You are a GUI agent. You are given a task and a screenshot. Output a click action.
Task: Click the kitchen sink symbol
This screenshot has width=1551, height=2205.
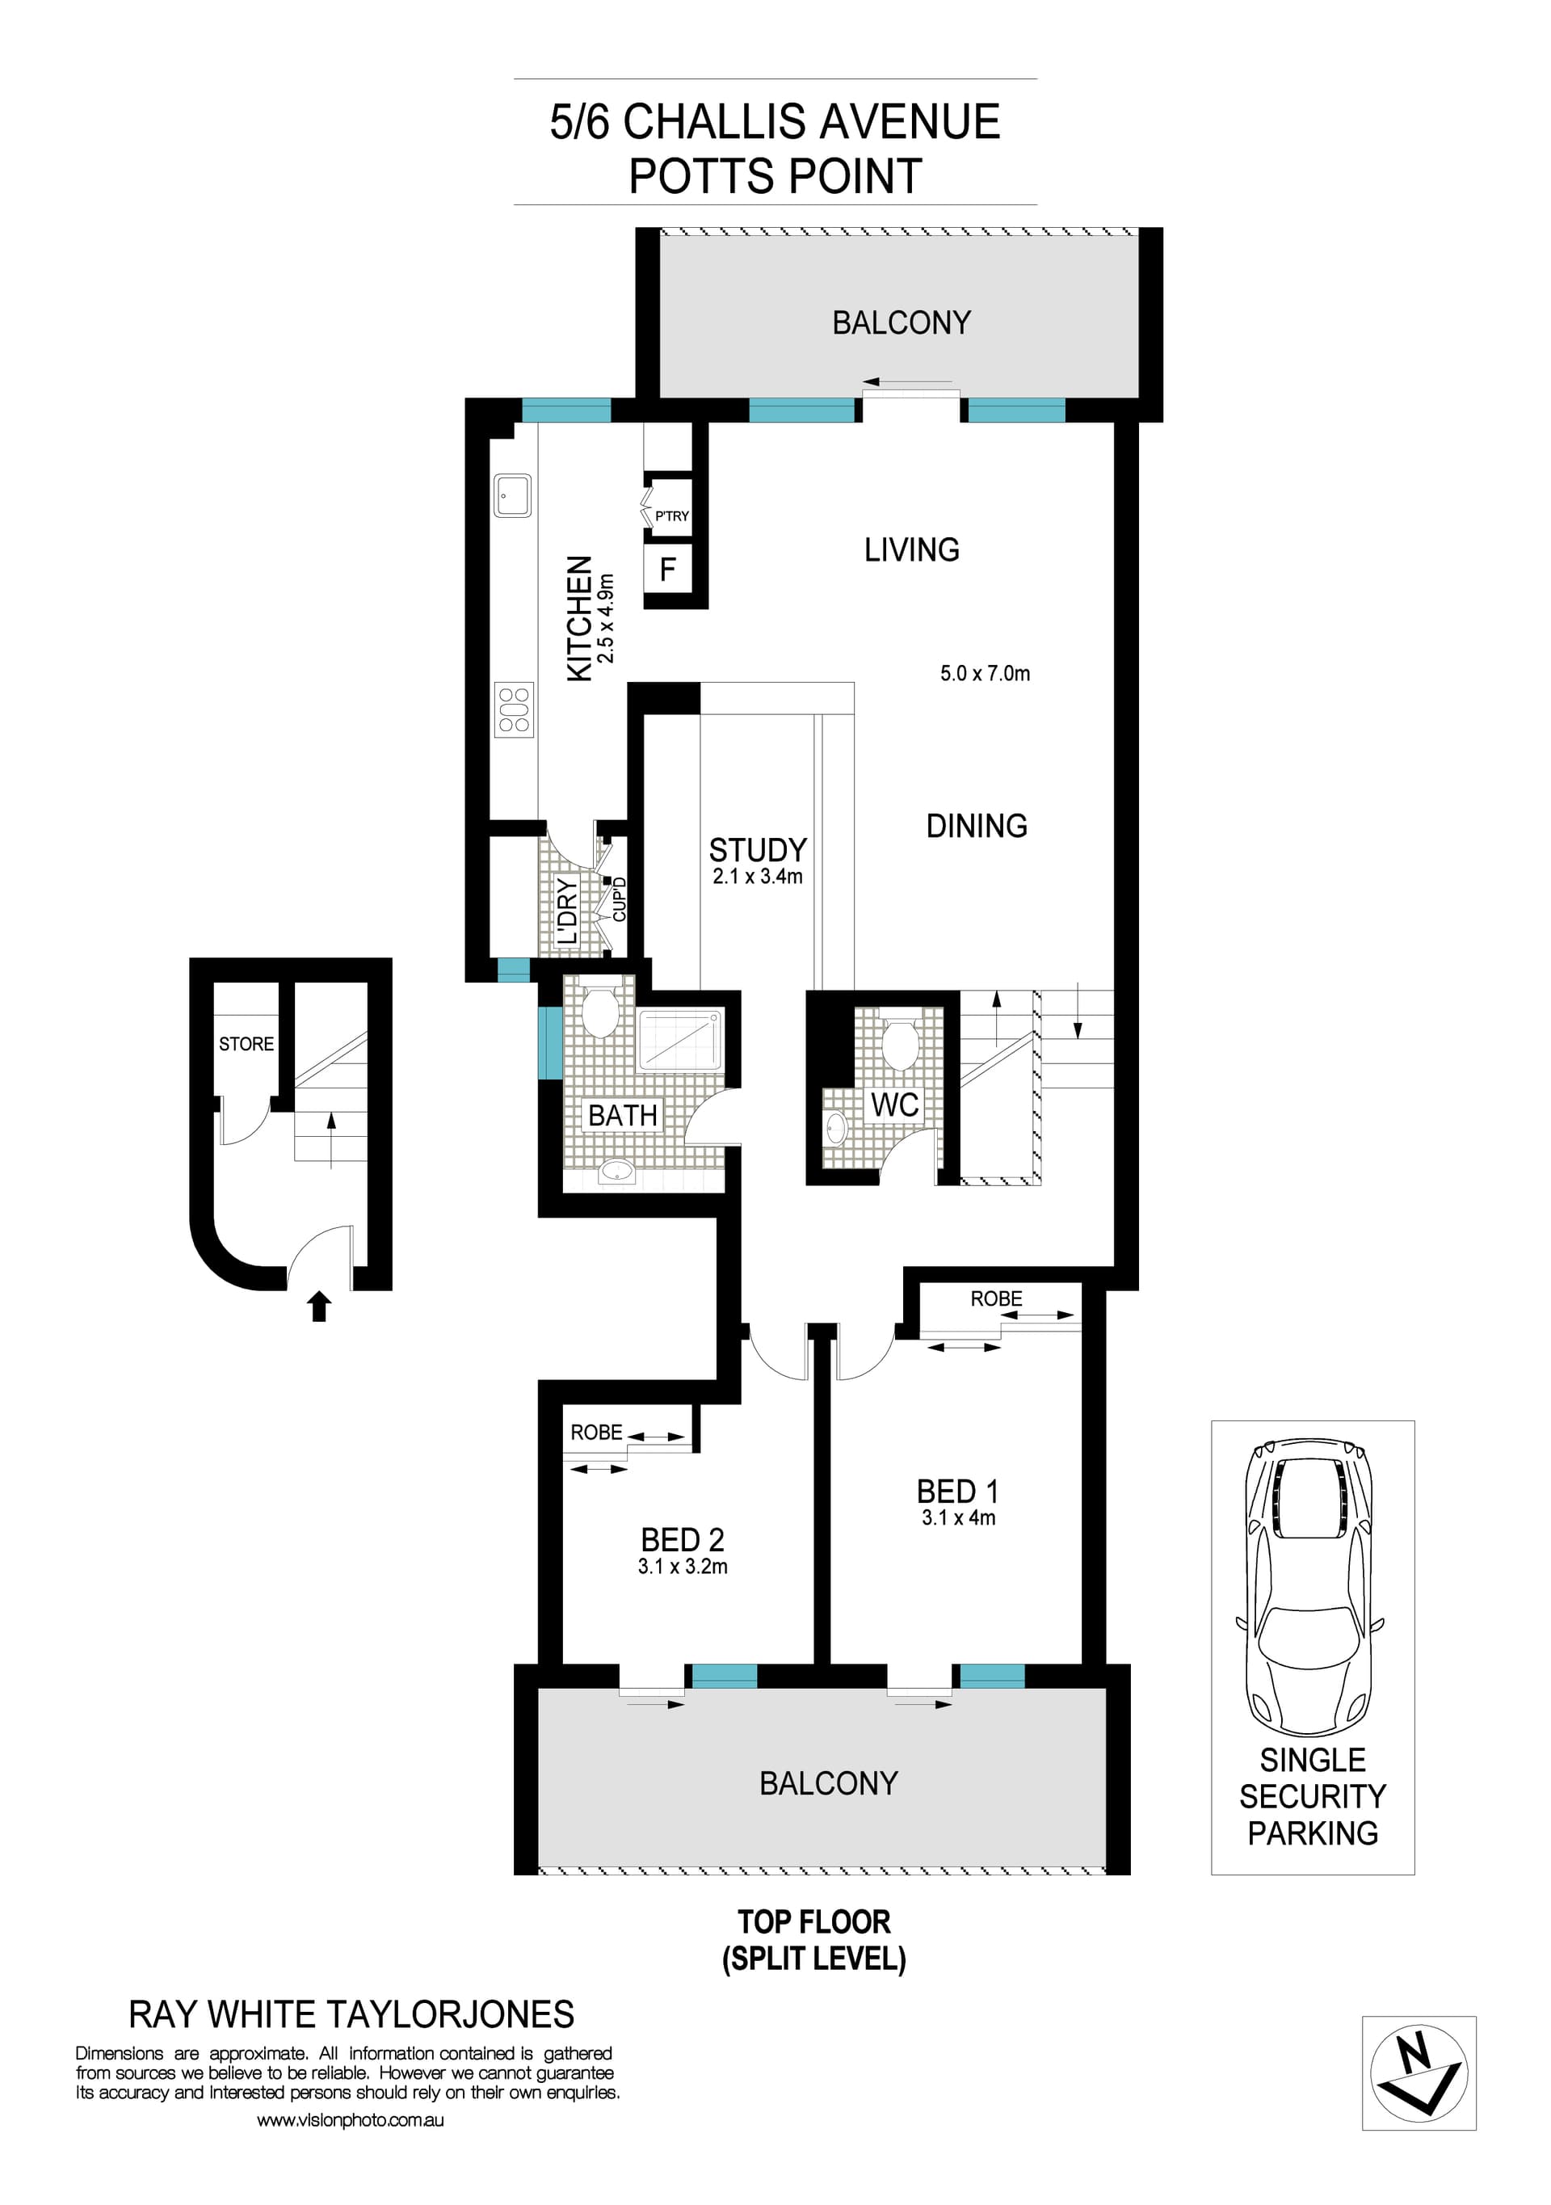[x=513, y=495]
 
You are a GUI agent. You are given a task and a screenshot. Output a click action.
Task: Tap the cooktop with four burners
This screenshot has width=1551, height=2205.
[x=514, y=709]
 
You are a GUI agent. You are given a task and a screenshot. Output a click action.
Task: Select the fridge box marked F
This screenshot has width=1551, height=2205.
[x=667, y=570]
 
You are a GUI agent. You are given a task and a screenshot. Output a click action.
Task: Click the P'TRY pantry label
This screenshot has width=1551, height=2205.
[x=671, y=515]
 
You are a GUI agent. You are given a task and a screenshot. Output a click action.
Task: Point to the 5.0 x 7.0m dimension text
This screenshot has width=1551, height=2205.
[x=985, y=673]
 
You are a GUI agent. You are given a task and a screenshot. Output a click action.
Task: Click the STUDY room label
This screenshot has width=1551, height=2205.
[x=757, y=850]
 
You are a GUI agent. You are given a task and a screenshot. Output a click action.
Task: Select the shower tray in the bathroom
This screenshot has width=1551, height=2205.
[x=681, y=1038]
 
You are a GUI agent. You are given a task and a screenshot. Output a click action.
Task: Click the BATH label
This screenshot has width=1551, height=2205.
[x=622, y=1115]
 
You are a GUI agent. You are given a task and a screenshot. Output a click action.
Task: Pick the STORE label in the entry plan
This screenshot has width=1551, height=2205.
[x=246, y=1044]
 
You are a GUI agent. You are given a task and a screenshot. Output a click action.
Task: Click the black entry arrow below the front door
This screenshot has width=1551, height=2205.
[x=319, y=1307]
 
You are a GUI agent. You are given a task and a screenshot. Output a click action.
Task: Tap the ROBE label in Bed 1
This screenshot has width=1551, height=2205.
[x=996, y=1298]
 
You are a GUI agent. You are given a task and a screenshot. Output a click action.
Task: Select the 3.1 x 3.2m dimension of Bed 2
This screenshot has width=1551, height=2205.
[x=682, y=1567]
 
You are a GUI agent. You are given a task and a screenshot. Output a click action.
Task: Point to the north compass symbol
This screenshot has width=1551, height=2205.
[x=1419, y=2072]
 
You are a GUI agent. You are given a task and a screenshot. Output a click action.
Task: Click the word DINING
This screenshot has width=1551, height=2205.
[x=976, y=826]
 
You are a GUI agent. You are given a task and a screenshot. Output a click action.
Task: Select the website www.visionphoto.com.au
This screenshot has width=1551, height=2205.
[x=350, y=2119]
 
